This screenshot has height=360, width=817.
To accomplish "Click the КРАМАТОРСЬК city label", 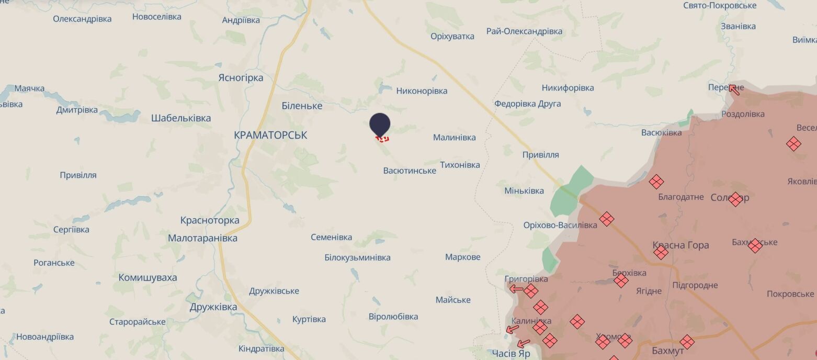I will point(270,135).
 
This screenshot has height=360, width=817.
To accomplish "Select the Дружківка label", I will point(213,307).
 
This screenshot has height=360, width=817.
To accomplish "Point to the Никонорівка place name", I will point(422,91).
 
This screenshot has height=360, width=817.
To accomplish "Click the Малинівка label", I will point(454,138).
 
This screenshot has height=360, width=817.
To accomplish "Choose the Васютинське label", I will point(410,171).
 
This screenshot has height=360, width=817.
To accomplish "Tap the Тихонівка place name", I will point(460,165).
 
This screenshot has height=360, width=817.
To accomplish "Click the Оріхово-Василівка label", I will point(560,226).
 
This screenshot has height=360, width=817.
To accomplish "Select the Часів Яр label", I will point(511,354).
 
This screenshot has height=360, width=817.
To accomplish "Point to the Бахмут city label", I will point(668,350).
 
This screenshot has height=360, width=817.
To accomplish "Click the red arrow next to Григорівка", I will point(516,288).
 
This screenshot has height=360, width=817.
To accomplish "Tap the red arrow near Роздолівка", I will point(734,89).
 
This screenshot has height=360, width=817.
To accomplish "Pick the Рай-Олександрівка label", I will point(524,31).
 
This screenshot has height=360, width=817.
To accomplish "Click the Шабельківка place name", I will point(181,118).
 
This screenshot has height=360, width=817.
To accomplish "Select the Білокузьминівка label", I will point(357,257).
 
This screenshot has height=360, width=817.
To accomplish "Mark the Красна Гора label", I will point(680,245).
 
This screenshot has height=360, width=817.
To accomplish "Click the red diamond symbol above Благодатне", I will point(656,182).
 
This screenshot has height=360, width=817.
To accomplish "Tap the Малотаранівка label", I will point(202,238).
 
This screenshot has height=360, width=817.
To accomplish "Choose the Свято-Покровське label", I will point(720,5).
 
